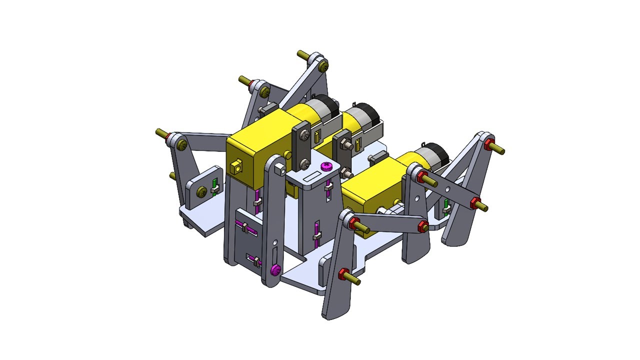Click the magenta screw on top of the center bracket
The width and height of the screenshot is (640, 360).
[325, 165]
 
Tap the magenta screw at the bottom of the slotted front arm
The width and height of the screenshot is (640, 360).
[274, 270]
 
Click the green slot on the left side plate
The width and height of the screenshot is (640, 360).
[215, 185]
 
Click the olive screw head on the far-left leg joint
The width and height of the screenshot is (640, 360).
[182, 145]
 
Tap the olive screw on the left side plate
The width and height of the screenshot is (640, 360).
[201, 191]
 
